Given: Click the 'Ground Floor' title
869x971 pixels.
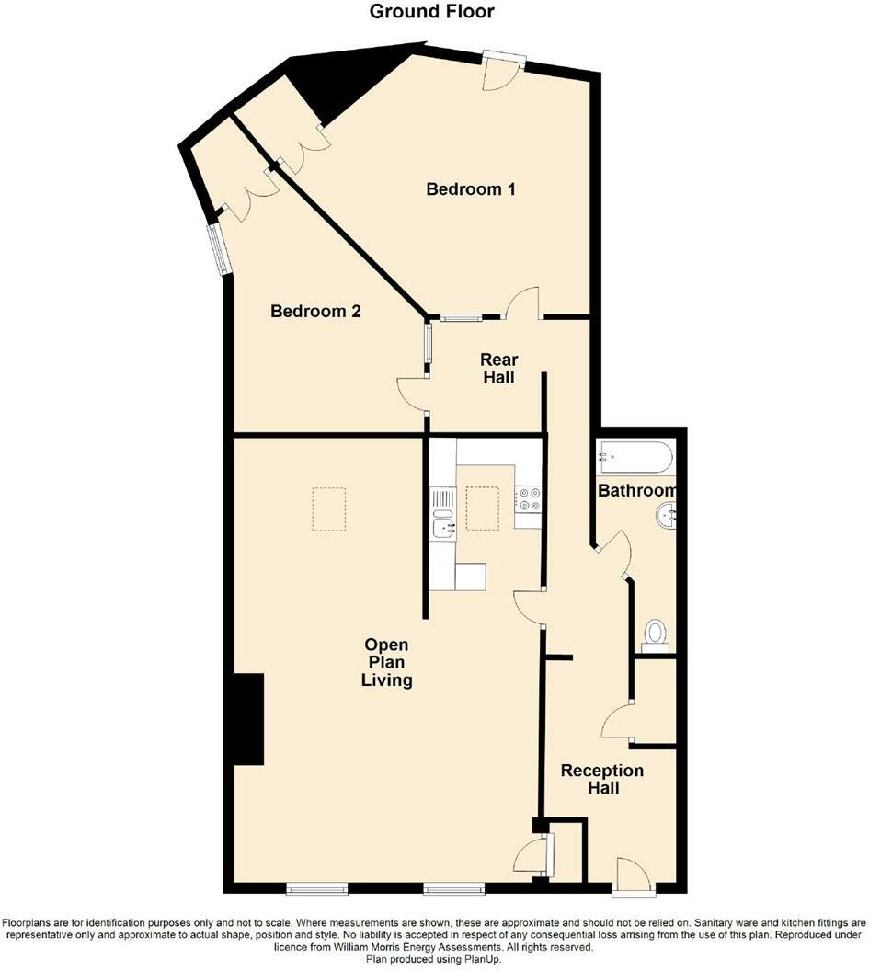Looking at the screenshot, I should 431,12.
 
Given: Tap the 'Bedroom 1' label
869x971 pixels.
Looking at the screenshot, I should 470,189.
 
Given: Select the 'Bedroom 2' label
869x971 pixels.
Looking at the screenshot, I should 315,312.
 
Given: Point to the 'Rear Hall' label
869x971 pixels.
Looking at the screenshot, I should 499,368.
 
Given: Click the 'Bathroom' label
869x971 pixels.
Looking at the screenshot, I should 637,491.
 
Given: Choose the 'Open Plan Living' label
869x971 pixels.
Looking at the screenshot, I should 386,663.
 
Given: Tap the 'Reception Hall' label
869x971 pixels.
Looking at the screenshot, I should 602,779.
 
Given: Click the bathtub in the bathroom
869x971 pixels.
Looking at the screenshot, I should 635,457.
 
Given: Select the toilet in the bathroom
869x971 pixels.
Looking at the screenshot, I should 655,634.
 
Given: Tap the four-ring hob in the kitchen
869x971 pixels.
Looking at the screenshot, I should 528,498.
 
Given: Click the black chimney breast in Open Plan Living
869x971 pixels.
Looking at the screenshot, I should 248,718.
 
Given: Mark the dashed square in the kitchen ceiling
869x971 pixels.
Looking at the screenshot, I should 483,508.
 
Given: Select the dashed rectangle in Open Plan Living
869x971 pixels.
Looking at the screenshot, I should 328,508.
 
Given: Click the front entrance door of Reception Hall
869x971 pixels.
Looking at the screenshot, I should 633,878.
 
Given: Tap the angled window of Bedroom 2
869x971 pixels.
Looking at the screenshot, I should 219,249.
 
